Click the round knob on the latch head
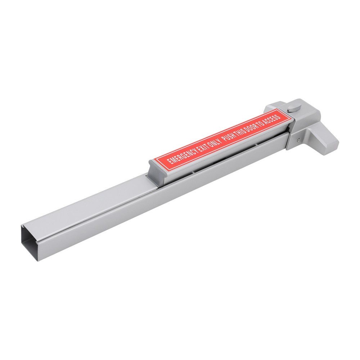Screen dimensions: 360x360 pos(294,108)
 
